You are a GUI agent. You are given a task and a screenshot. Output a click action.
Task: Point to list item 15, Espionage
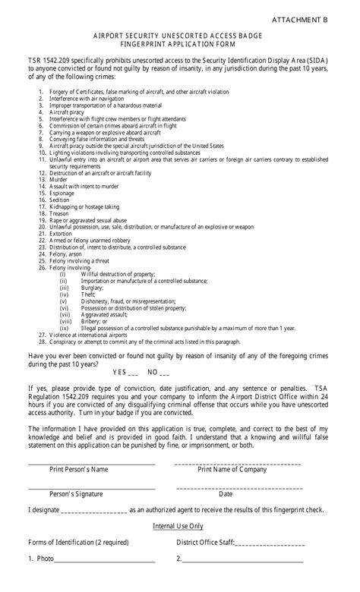64,193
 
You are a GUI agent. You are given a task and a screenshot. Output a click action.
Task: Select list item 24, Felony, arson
67,254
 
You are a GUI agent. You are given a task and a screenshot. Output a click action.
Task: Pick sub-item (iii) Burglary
93,288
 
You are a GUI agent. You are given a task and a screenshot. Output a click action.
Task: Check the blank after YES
134,373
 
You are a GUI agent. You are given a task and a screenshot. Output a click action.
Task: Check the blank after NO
165,373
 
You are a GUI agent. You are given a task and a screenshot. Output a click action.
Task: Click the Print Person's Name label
79,469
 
